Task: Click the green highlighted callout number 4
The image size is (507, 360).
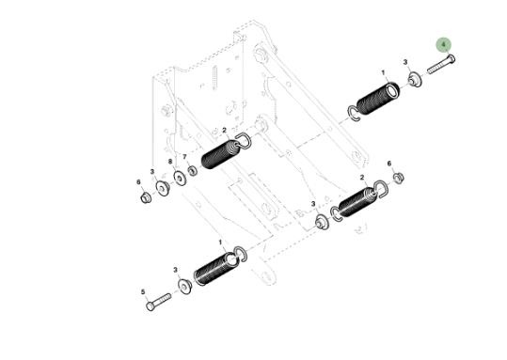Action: tap(444, 44)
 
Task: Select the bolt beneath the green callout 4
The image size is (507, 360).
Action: tap(441, 65)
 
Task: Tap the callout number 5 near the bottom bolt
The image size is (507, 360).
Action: tap(143, 292)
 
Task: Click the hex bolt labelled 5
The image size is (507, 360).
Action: tap(158, 302)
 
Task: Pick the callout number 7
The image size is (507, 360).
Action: tap(184, 157)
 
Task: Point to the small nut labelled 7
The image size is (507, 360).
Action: tap(193, 170)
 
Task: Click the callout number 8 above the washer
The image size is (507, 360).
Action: tap(170, 162)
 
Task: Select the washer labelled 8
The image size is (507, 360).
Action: tap(180, 178)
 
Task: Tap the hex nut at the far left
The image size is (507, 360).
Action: tap(146, 196)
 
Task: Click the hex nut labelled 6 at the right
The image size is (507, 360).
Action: tap(399, 178)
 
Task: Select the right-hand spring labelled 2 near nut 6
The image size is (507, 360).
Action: tap(358, 201)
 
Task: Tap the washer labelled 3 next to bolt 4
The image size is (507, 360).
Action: tap(415, 80)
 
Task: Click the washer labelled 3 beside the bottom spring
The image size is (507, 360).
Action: tap(185, 287)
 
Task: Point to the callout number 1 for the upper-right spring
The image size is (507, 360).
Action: tap(384, 72)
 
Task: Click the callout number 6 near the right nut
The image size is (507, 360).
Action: tap(389, 164)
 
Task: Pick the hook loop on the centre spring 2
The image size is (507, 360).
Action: tap(244, 141)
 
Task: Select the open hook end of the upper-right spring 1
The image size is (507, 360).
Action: tap(354, 114)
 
